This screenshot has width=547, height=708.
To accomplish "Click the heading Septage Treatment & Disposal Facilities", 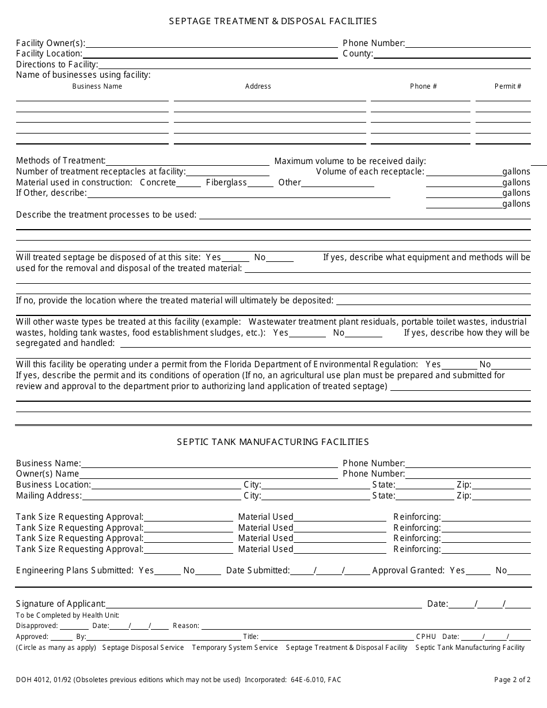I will [273, 21].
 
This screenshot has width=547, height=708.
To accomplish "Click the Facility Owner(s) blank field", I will [211, 44].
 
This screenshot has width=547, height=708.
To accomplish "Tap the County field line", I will [452, 55].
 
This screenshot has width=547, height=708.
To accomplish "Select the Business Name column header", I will [97, 86].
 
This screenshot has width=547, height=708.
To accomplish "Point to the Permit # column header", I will [508, 86].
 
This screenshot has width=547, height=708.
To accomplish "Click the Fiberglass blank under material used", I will [261, 183].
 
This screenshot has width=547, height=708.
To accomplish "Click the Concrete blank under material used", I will [188, 183].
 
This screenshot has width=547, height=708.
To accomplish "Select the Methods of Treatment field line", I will [187, 162].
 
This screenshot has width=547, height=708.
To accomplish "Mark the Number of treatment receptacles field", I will [227, 172].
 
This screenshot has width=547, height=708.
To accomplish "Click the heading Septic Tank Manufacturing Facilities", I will [273, 442].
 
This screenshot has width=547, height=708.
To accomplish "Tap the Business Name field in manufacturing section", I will [209, 464].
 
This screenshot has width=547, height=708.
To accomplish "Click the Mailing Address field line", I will [162, 496].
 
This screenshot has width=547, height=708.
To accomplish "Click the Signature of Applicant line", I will [263, 604].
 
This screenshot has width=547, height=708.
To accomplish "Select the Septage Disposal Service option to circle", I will [143, 648].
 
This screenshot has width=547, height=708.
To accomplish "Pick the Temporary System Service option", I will [235, 648].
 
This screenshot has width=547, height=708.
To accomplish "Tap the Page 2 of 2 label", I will [512, 680].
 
